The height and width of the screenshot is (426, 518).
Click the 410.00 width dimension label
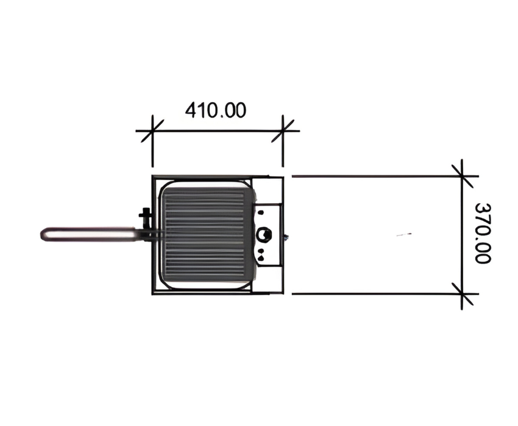coord(215,110)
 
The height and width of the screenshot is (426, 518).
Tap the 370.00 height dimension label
coord(483,233)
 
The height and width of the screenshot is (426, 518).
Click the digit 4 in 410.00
coord(191,110)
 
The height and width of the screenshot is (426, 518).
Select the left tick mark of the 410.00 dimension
coord(152,131)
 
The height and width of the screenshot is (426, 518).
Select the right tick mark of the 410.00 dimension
coord(283,131)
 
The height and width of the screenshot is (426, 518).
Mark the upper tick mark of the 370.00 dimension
coord(462,176)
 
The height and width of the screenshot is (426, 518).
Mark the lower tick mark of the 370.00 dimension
coord(462,293)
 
